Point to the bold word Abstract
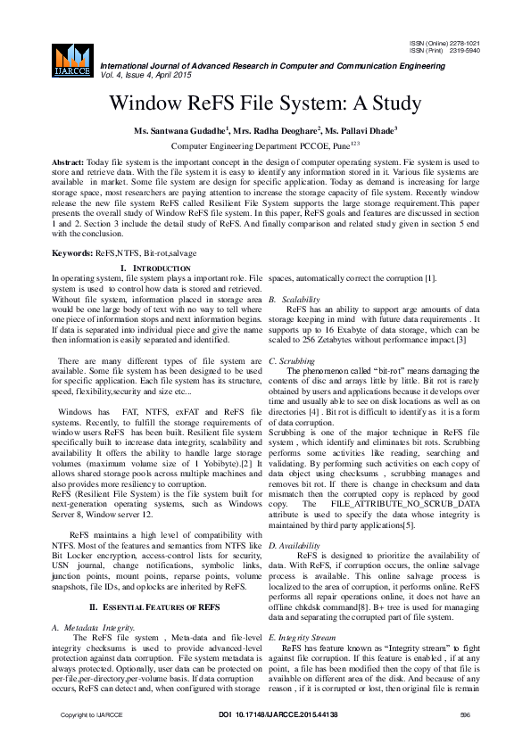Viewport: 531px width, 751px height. [67, 162]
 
